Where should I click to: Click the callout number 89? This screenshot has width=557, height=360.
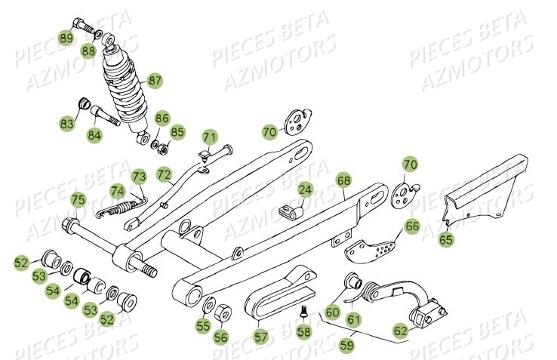66,38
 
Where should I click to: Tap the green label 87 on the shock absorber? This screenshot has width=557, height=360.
155,80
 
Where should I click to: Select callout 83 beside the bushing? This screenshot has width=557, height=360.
68,122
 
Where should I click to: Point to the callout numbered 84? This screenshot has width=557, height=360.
94,136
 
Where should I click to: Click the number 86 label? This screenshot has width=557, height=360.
163,118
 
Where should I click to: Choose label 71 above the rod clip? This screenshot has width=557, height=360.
209,137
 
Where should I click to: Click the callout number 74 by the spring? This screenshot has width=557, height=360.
118,191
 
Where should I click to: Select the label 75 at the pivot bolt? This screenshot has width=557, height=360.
78,200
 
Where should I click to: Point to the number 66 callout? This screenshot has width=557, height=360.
411,226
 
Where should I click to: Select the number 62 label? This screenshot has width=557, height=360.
401,330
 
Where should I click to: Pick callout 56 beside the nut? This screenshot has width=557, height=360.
220,337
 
